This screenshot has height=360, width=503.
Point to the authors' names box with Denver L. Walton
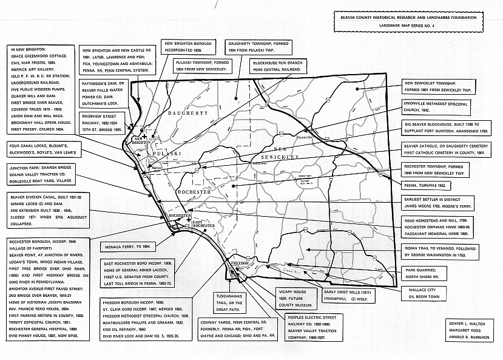click(x=470, y=335)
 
